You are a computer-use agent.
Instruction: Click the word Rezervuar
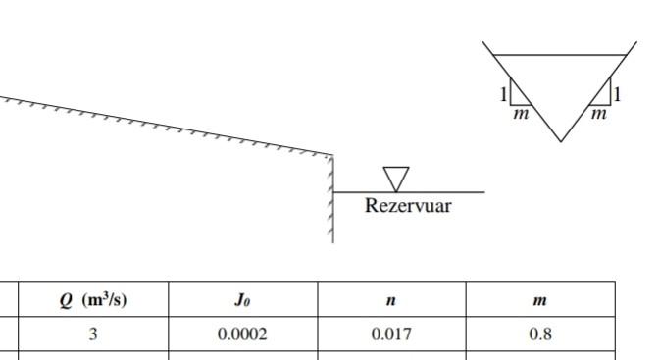[x=408, y=206]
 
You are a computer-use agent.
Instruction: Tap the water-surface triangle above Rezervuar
[x=397, y=178]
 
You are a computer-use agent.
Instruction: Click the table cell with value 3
[x=93, y=334]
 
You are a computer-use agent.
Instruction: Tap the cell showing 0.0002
[x=242, y=334]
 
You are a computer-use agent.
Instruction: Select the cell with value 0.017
[x=391, y=334]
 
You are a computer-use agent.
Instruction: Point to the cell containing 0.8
[x=539, y=334]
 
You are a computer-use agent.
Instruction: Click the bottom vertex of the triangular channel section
[x=561, y=141]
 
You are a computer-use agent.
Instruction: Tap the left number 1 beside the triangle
[x=503, y=95]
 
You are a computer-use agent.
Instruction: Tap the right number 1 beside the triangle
[x=618, y=95]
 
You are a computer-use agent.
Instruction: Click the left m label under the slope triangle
[x=521, y=115]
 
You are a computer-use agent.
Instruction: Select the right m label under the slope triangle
[x=599, y=115]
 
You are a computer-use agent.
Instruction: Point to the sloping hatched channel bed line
[x=167, y=125]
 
